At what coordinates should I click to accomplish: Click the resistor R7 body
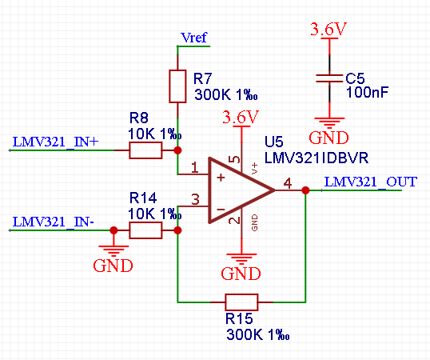coord(177,86)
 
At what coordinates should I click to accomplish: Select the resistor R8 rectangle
coord(145,150)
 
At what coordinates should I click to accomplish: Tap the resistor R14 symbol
coord(145,230)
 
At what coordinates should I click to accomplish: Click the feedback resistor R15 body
coord(241,302)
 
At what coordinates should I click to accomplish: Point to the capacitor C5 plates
coord(329,78)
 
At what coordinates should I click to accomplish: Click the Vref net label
coord(194,38)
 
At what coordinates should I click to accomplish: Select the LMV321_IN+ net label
coord(55,142)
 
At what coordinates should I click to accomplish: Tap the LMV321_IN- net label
coord(54,222)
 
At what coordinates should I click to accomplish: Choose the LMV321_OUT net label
coord(371,182)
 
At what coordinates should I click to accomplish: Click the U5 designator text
coord(273,142)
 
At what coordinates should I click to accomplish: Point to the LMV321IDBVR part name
coord(317,158)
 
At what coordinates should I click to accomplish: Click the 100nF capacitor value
coord(367,92)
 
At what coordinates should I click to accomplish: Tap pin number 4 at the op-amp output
coord(288,183)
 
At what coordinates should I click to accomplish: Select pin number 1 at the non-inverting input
coord(195,167)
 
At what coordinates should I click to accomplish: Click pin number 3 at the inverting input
coord(195,199)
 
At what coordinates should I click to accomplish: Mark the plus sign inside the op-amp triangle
coord(221,178)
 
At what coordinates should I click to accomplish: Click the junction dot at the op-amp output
coord(305,190)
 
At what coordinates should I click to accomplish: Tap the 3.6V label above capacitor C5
coord(328,29)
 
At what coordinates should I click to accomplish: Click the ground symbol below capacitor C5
coord(329,123)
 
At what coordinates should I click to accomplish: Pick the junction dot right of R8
coord(177,150)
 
